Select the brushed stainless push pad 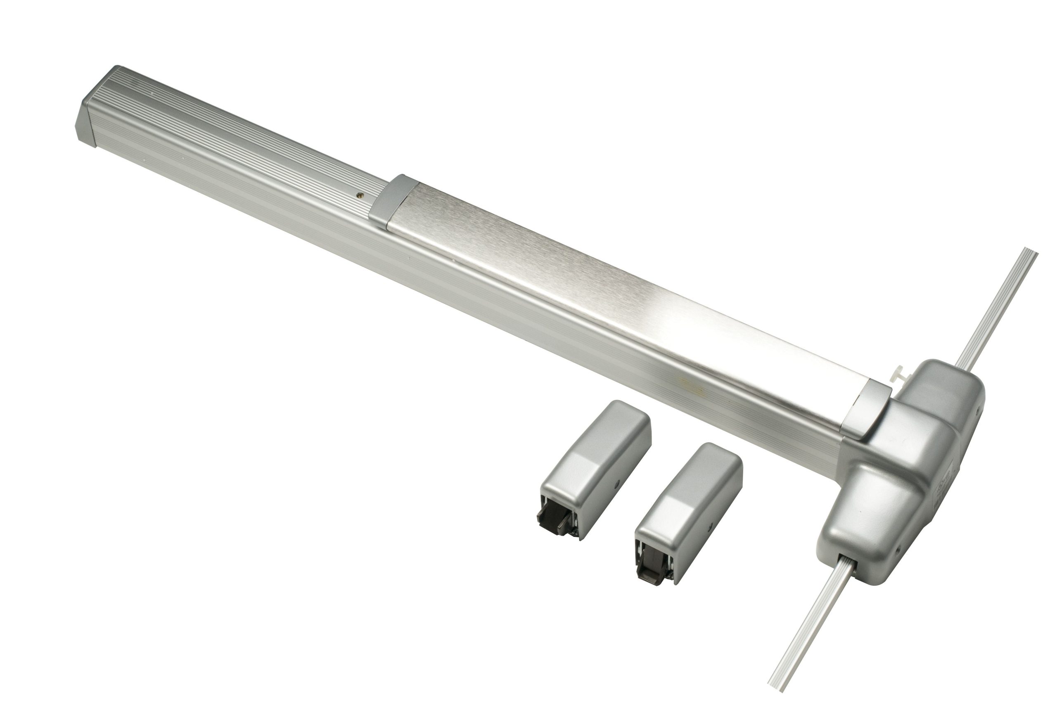point(604,287)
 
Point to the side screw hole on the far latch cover point(617,484)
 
